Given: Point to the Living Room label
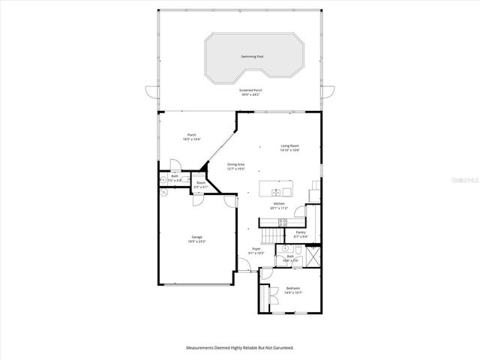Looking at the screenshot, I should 290,145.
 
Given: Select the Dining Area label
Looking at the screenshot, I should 237,164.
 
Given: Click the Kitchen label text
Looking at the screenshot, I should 279,204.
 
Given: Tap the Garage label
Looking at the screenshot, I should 196,237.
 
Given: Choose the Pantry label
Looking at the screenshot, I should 301,232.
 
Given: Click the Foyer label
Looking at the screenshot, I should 256,248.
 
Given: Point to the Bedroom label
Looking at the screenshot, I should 293,288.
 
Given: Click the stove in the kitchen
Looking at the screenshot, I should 283,221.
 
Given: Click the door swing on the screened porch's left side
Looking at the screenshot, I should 154,94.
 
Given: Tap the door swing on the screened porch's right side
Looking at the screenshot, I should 325,94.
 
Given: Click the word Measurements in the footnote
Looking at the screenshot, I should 199,348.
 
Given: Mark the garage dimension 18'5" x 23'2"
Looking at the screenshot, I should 196,241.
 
